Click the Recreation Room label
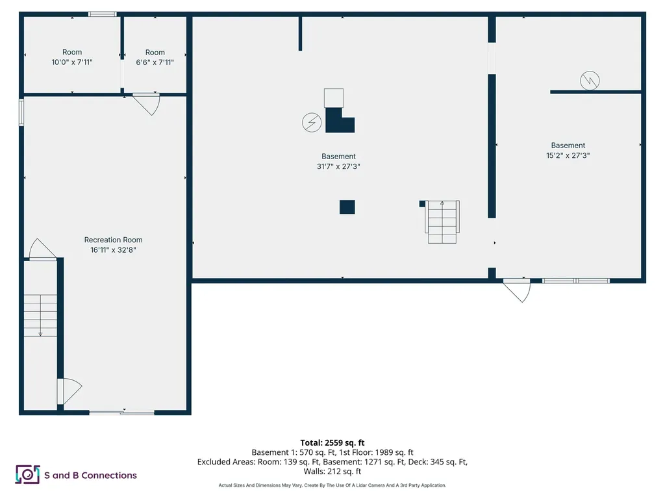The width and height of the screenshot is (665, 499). click(x=113, y=240)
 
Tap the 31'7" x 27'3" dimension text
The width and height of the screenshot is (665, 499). click(x=338, y=166)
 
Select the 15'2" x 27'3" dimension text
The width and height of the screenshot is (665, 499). click(x=568, y=155)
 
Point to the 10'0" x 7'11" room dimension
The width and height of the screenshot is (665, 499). click(x=72, y=62)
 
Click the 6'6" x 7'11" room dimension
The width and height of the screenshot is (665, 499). click(x=155, y=62)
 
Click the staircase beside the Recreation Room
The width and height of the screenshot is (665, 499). click(x=40, y=315)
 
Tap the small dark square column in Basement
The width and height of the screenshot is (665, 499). click(x=347, y=207)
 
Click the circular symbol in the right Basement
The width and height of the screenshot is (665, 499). click(x=590, y=81)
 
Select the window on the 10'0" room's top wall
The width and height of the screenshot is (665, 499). click(x=103, y=14)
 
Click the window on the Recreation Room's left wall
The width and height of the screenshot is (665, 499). click(x=21, y=112)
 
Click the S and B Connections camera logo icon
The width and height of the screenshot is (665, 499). click(x=27, y=474)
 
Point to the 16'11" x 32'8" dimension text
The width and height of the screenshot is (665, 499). click(x=113, y=249)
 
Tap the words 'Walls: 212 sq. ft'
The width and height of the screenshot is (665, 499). click(x=332, y=472)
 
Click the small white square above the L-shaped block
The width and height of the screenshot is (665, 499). click(x=333, y=97)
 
